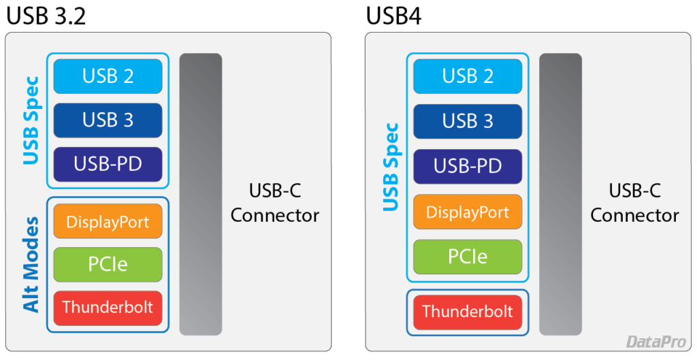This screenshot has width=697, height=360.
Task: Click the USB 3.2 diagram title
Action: coord(46,16)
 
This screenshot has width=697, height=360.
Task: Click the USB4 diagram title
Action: coord(394,16)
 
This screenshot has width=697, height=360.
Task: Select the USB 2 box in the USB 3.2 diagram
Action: coord(108,76)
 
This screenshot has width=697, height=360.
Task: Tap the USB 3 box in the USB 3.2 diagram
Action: coord(108,120)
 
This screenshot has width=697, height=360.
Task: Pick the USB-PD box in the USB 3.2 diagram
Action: coord(108,164)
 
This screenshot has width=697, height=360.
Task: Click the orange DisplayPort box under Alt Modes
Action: coord(108,221)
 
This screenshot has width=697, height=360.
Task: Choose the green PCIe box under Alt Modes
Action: coord(108,264)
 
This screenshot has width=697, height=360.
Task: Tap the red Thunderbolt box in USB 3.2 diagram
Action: coord(108,307)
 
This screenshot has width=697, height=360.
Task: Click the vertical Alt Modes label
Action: coord(31,265)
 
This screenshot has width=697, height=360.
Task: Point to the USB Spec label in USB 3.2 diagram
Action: coord(31,120)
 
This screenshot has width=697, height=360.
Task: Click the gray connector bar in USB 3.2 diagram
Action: coord(201,194)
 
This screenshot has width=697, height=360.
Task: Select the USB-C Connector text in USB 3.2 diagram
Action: coord(274,203)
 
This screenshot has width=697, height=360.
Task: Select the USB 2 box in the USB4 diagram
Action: coord(468,76)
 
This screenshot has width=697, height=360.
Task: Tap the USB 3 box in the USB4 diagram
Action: coord(468,120)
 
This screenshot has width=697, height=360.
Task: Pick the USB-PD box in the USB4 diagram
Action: coord(468,165)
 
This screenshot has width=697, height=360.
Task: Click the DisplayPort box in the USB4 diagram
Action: coord(468,212)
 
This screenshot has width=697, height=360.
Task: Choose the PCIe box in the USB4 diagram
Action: coord(468,257)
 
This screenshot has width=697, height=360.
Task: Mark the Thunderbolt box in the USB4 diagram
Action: coord(468,312)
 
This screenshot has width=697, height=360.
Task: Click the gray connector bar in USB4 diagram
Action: coord(560,194)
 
